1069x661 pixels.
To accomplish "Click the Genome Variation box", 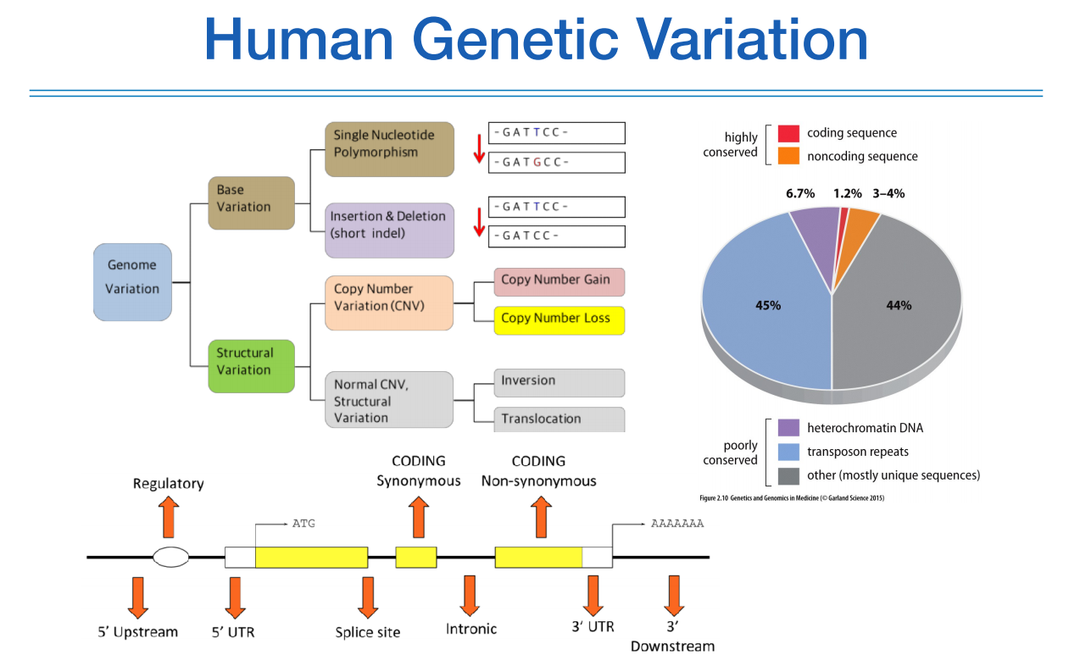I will [x=132, y=281].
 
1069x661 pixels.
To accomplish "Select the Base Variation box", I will [x=251, y=203].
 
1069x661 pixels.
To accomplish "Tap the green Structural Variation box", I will [x=251, y=365].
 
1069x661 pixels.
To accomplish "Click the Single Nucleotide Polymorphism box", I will [x=389, y=148].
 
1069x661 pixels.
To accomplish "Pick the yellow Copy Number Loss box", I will [x=559, y=319].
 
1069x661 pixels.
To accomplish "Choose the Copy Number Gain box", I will [x=559, y=282].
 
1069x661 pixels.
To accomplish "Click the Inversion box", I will [x=559, y=382].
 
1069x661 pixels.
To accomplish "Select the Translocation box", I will [x=559, y=419].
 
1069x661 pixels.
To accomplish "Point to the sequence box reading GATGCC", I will [x=556, y=162].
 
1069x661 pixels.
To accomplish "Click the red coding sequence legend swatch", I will [x=788, y=133].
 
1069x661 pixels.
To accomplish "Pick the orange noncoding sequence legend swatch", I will [x=788, y=156].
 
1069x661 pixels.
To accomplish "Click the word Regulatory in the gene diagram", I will [x=169, y=484].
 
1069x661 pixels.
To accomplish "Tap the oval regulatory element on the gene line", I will [x=170, y=557].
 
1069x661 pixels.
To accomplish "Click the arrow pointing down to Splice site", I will [x=367, y=597].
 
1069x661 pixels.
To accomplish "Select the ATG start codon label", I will [x=303, y=523].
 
